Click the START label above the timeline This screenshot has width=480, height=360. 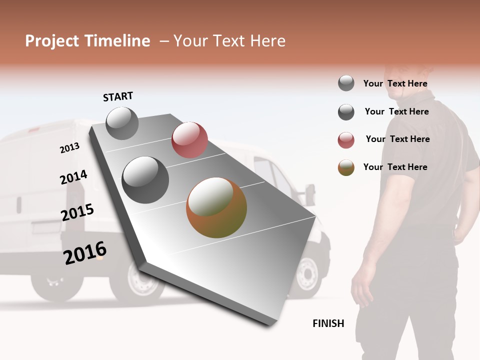coord(118,96)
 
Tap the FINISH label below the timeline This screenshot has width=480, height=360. coord(328,323)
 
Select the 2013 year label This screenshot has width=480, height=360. coord(69,147)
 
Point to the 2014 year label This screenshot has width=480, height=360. coord(73,177)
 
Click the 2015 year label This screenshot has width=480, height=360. coord(77,212)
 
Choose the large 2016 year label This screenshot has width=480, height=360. coord(85,253)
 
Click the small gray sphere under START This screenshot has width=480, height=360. coord(122,123)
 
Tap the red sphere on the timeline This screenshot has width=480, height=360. coord(189,139)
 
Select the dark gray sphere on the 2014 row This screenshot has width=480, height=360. coord(145,180)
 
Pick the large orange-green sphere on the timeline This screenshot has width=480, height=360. coord(216,207)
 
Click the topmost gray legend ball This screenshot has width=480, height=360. coord(346,83)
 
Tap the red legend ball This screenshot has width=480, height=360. coord(346,140)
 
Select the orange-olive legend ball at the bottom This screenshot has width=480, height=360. coord(346,167)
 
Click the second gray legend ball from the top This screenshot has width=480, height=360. coord(346,112)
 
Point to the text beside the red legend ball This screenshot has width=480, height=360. coord(397,139)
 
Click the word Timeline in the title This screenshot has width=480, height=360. coord(116,41)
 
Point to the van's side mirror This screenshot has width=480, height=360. coord(310,193)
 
